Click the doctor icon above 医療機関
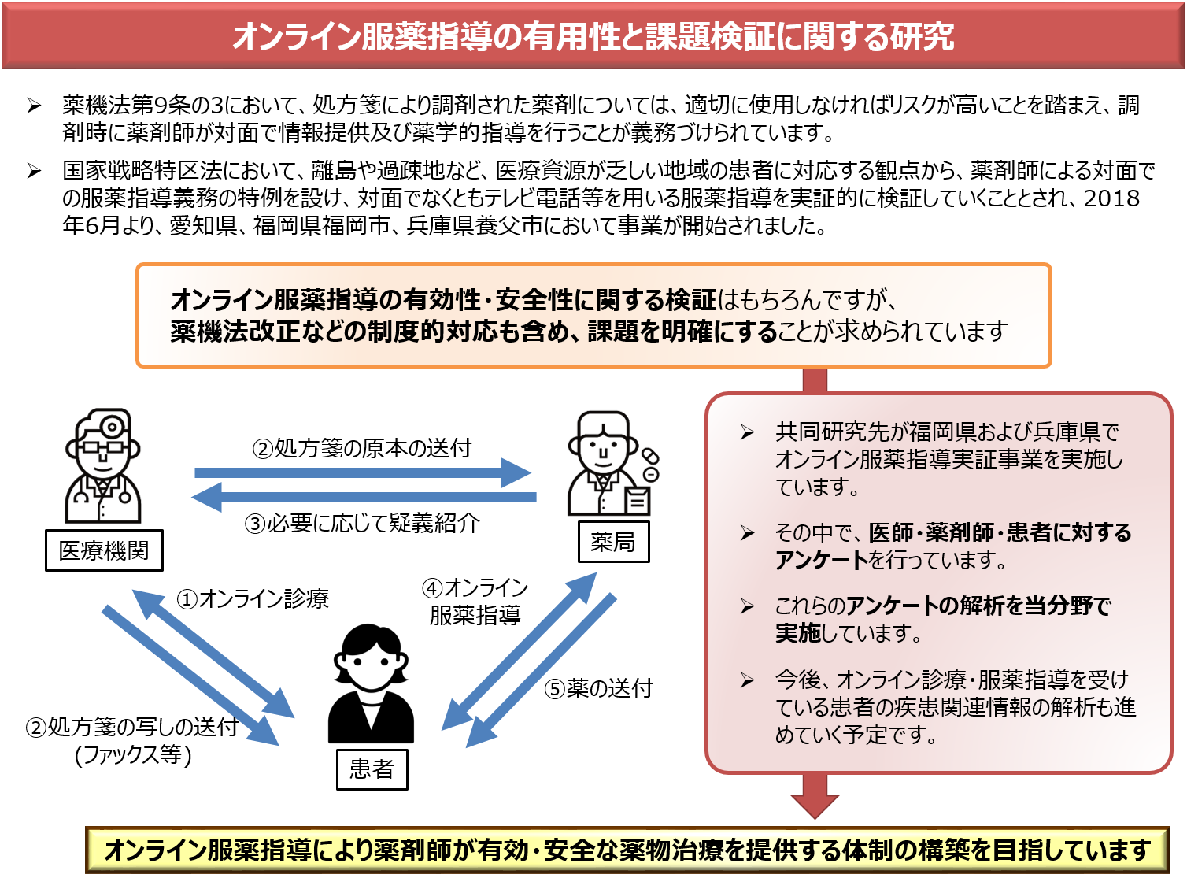tap(103, 466)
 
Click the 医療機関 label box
tap(104, 550)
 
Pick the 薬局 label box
tap(613, 542)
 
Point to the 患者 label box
tap(372, 769)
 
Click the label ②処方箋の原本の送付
tap(361, 448)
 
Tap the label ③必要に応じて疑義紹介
tap(362, 523)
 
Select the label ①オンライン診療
tap(253, 599)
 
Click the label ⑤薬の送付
tap(598, 688)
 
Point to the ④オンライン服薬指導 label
tap(475, 601)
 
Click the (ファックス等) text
tap(133, 754)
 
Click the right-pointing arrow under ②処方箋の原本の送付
tap(362, 472)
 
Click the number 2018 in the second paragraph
tap(1111, 198)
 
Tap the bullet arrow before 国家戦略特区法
tap(34, 170)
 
